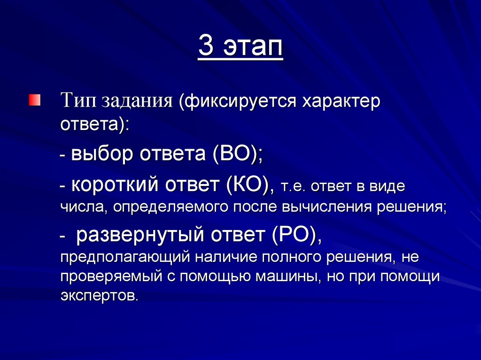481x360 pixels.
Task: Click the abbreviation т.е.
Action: pyautogui.click(x=295, y=186)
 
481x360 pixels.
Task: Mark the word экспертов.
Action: pyautogui.click(x=100, y=296)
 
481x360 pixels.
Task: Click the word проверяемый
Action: pyautogui.click(x=112, y=276)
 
